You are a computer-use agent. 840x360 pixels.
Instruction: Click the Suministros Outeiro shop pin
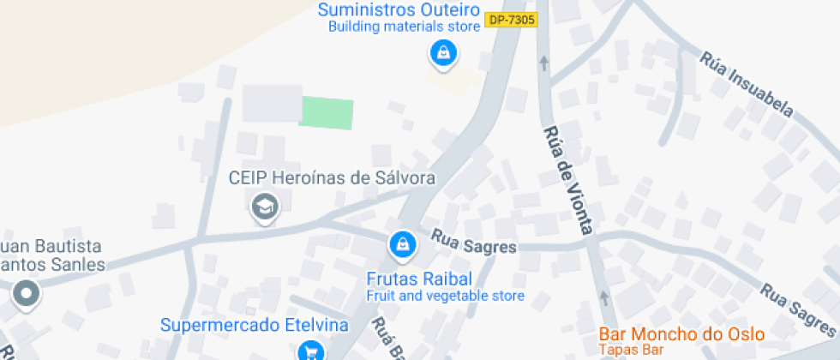(x=442, y=53)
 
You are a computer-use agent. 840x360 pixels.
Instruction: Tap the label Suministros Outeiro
(x=397, y=9)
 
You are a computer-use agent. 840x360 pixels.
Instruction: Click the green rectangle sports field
(x=327, y=113)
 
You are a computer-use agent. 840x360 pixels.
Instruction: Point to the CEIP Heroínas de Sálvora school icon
(x=265, y=207)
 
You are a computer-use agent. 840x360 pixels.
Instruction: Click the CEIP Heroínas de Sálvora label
(x=332, y=178)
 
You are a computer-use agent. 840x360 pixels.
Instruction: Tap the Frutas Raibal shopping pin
(x=402, y=247)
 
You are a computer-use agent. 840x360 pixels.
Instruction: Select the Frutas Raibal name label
(x=419, y=279)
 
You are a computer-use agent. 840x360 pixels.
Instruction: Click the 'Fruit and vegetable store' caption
(x=445, y=297)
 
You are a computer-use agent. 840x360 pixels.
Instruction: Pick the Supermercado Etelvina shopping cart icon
(x=310, y=351)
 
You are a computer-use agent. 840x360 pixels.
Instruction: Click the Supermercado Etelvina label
(x=255, y=326)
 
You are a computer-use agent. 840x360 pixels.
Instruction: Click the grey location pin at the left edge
(x=27, y=294)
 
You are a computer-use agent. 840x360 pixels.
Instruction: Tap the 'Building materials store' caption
(x=404, y=27)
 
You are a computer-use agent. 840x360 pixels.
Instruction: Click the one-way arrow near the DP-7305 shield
(x=543, y=63)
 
